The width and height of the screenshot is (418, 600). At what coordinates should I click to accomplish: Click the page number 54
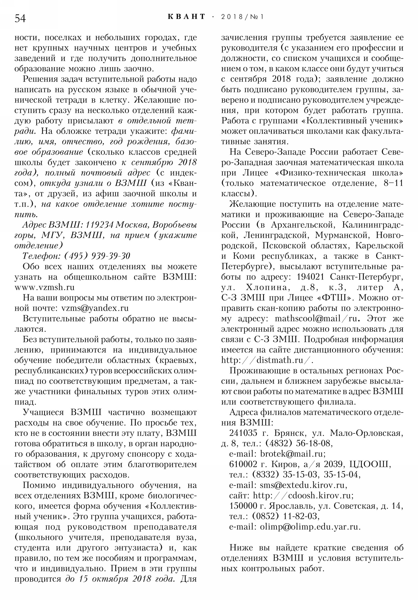[x=20, y=19]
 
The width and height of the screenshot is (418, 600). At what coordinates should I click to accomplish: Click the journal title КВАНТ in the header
[x=186, y=17]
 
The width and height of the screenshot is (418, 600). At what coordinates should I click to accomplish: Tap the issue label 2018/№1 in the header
[x=242, y=17]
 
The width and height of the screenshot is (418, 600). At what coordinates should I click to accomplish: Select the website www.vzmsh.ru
[x=44, y=287]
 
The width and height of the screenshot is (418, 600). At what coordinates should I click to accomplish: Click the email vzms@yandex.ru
[x=95, y=308]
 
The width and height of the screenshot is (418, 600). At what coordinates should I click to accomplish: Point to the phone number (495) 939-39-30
[x=97, y=256]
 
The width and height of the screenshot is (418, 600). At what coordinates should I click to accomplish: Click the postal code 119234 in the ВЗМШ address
[x=100, y=225]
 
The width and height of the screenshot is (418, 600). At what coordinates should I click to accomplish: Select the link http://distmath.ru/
[x=267, y=360]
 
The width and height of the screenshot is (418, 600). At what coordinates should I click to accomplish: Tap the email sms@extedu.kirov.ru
[x=303, y=485]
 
